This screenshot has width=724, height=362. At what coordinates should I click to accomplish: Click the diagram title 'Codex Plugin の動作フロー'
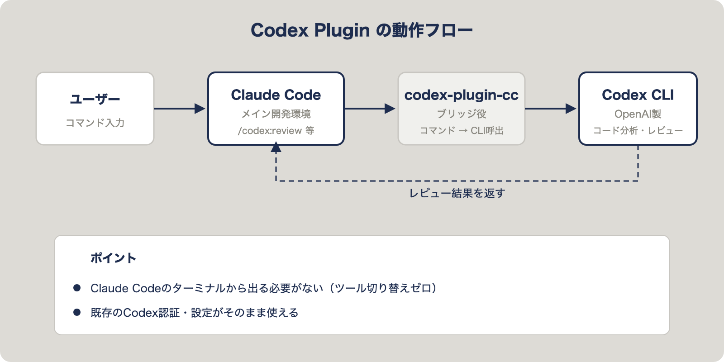[362, 30]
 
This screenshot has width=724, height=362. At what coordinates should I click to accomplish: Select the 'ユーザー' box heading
[95, 99]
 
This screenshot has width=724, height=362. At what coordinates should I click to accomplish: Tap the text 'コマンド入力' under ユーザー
[95, 123]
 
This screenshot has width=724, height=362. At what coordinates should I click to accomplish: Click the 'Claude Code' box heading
[276, 95]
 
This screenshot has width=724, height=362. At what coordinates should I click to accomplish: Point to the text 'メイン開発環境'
[276, 114]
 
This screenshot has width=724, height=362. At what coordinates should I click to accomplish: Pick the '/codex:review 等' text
[276, 131]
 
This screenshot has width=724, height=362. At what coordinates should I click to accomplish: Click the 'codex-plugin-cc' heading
[462, 95]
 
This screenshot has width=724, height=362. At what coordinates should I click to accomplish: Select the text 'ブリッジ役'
[462, 114]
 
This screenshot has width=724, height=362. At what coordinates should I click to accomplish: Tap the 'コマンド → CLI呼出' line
[462, 131]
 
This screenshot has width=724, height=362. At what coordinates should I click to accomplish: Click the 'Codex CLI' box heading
[638, 95]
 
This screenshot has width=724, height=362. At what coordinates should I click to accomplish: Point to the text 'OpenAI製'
[638, 114]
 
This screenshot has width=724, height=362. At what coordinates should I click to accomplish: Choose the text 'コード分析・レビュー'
[638, 131]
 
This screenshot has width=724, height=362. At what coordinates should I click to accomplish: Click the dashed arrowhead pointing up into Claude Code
[276, 148]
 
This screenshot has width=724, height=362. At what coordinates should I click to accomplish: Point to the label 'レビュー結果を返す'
[457, 193]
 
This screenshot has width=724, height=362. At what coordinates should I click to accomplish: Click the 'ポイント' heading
[113, 258]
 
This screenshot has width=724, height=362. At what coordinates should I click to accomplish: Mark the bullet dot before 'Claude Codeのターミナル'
[77, 288]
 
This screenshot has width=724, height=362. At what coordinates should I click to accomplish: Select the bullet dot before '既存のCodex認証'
[77, 312]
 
